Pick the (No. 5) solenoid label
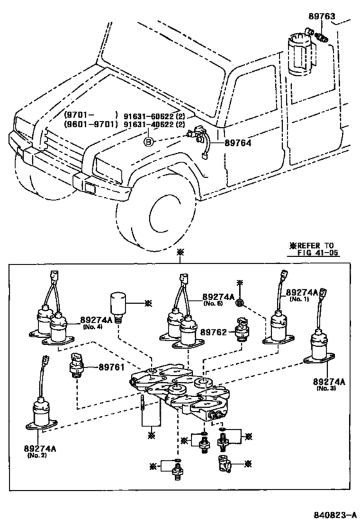[x=213, y=303]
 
